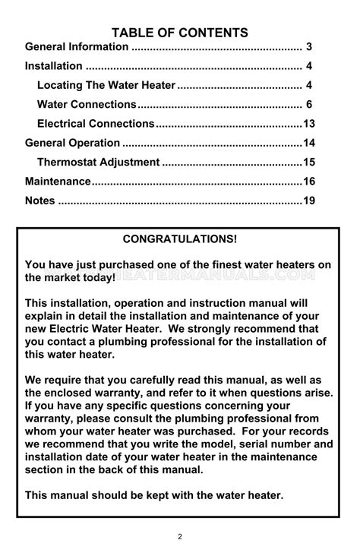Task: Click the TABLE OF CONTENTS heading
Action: [x=180, y=33]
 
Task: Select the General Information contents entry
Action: [x=77, y=47]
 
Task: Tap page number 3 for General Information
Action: [x=310, y=47]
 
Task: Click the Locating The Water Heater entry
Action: [x=106, y=85]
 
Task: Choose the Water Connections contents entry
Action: [x=87, y=104]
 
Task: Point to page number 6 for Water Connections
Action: [x=310, y=104]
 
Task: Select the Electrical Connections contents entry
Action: [x=96, y=123]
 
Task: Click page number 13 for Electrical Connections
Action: [x=308, y=123]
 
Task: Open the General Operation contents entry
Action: [x=72, y=143]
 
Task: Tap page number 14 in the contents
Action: [x=308, y=143]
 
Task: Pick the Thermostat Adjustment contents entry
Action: [x=98, y=162]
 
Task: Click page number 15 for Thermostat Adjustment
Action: [x=308, y=162]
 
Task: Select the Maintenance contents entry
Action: [x=58, y=182]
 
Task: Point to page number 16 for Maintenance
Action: [x=308, y=182]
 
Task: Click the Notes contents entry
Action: [x=40, y=201]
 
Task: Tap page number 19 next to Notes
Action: [x=308, y=201]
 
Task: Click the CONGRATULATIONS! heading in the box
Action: [x=180, y=239]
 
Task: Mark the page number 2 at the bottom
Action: [x=180, y=537]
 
